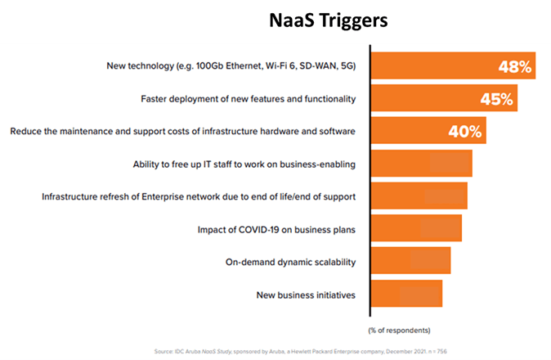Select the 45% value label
(496, 100)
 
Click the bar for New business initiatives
(407, 294)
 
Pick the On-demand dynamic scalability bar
(411, 261)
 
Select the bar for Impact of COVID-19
(417, 228)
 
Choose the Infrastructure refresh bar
(419, 196)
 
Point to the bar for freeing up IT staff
(422, 164)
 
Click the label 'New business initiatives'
(306, 295)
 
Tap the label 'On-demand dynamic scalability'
(290, 262)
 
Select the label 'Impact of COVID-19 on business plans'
(276, 229)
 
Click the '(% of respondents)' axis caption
(399, 331)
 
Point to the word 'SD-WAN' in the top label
(316, 65)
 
